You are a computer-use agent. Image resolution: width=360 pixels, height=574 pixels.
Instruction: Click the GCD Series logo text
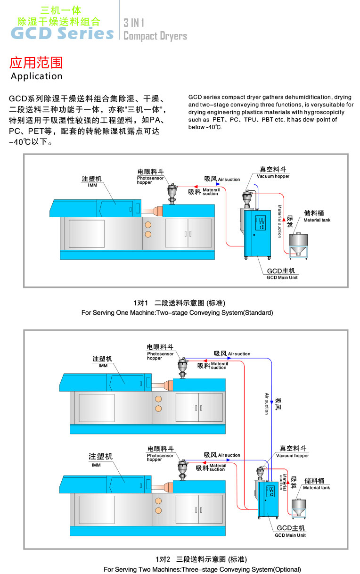click(x=62, y=33)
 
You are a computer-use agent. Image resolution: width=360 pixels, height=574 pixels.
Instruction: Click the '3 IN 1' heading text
click(x=134, y=23)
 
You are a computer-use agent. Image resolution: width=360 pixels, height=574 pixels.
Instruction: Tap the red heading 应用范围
click(x=36, y=63)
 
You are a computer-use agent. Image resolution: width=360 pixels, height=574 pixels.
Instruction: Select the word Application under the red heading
click(x=36, y=76)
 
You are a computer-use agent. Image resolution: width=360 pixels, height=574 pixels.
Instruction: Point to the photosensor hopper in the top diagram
click(x=172, y=194)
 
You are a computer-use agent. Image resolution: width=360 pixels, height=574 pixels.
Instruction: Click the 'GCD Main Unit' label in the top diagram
click(x=282, y=278)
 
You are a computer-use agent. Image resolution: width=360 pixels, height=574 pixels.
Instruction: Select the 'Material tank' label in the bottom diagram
click(x=317, y=488)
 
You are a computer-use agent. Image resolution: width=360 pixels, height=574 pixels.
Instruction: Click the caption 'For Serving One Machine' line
click(x=177, y=312)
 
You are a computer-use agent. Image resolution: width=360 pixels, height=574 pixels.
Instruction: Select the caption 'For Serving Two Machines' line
click(x=202, y=569)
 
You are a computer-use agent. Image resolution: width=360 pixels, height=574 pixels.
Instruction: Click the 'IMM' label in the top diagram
click(x=92, y=185)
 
